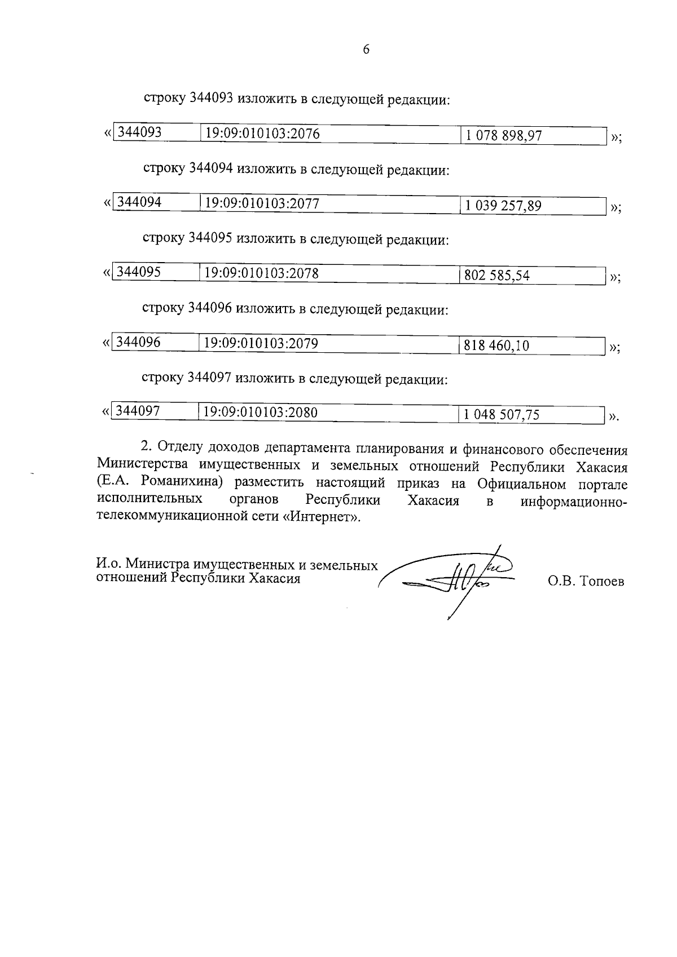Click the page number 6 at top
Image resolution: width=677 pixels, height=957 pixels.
click(366, 50)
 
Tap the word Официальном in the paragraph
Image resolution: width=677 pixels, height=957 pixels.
click(521, 484)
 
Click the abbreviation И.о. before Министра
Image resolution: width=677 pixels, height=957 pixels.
click(109, 564)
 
